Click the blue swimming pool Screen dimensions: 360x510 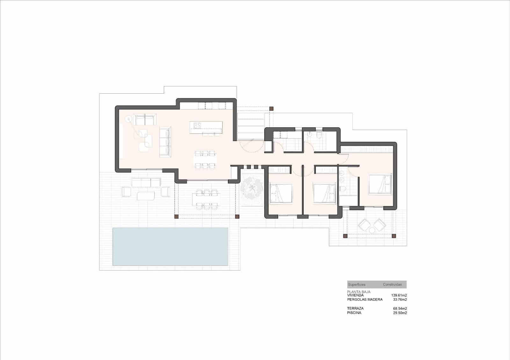click(x=170, y=247)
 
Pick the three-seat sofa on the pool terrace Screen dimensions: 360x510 click(x=146, y=183)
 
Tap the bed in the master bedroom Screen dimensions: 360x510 click(x=380, y=184)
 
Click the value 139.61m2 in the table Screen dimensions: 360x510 click(x=399, y=295)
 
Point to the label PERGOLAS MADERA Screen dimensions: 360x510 click(x=365, y=299)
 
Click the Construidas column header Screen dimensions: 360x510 click(x=392, y=284)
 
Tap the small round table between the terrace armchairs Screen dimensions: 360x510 click(x=372, y=230)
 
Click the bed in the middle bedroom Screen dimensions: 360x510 click(x=324, y=193)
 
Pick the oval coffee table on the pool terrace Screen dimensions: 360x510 click(x=146, y=195)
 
